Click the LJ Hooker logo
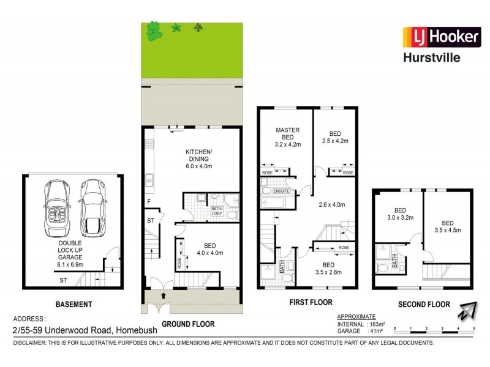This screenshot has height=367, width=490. point(440,37)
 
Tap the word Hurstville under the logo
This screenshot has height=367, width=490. point(440,58)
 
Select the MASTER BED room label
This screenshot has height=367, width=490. point(287,134)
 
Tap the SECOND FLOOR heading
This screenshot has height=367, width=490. point(424,304)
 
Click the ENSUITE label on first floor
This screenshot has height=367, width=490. point(281,191)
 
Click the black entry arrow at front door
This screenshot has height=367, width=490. point(163,295)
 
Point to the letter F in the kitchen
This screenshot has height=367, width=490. point(149,201)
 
